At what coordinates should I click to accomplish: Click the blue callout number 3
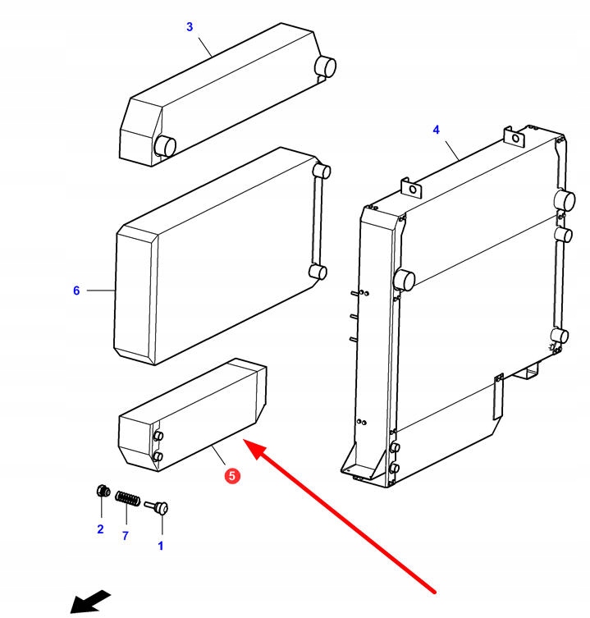[190, 27]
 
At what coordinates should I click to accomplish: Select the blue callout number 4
[436, 130]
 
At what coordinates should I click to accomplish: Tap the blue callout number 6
[76, 291]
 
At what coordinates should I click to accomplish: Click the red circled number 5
[232, 476]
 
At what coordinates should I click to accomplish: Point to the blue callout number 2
[100, 529]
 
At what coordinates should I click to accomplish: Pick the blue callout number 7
[126, 536]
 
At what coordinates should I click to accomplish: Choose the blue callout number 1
[160, 545]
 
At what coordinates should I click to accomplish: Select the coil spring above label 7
[127, 498]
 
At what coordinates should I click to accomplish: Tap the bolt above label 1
[158, 509]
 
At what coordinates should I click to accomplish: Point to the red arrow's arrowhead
[256, 449]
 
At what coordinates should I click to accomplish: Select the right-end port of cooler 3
[327, 66]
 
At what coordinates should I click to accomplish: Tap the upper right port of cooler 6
[322, 172]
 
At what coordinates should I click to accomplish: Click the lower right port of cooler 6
[318, 272]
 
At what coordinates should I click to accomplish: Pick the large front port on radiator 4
[404, 280]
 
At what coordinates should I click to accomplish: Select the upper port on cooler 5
[159, 436]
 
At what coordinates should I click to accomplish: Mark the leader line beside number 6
[101, 291]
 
